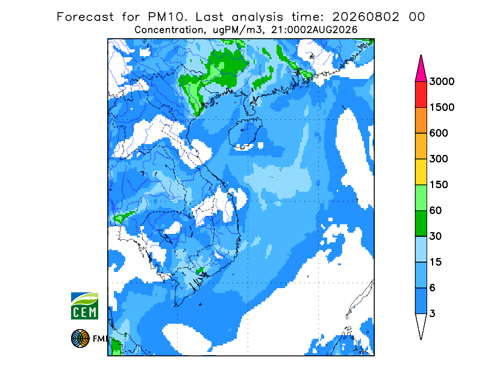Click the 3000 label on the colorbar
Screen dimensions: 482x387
point(442,81)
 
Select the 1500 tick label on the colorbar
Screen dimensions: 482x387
point(442,107)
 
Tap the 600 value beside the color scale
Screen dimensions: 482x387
point(439,133)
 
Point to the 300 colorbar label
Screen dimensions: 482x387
point(439,159)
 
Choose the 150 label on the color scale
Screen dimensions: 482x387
point(439,185)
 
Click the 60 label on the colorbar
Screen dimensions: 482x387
point(436,211)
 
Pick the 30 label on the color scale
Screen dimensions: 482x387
point(436,236)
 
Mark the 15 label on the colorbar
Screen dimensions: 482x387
point(436,262)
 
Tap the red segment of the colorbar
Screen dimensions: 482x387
point(421,95)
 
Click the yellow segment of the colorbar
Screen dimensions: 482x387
point(421,172)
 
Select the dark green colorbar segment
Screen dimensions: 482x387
point(421,224)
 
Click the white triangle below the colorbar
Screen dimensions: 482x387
point(421,324)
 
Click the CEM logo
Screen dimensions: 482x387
point(84,306)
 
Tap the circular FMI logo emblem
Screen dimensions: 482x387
point(80,338)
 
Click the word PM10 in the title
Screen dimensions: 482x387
point(167,17)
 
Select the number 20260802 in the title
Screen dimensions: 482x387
point(366,17)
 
